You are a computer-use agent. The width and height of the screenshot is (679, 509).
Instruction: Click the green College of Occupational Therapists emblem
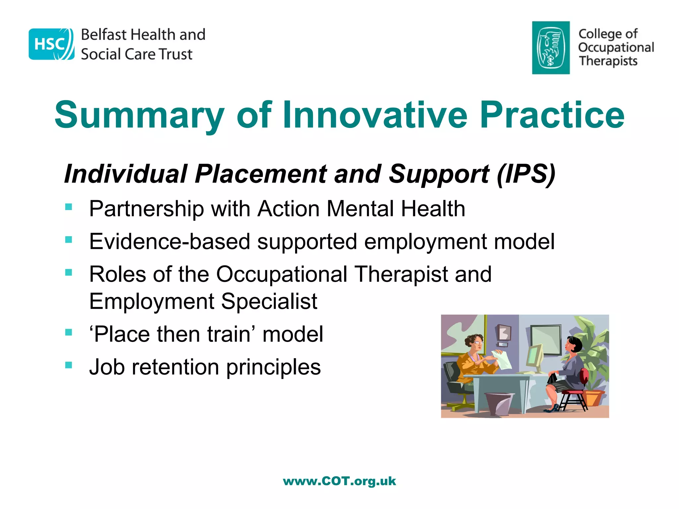(551, 48)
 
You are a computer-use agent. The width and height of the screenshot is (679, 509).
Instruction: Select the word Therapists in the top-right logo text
(608, 61)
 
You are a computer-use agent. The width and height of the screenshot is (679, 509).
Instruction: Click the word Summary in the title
(139, 115)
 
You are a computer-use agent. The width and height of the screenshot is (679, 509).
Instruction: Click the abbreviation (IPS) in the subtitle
(526, 174)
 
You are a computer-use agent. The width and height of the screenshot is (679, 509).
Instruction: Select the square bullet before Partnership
(69, 207)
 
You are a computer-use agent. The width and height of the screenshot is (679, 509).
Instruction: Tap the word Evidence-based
(169, 242)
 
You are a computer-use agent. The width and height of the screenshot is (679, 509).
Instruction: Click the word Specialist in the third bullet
(269, 301)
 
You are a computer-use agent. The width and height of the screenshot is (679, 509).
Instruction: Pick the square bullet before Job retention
(69, 365)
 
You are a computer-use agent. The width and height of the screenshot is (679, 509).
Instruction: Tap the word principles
(273, 367)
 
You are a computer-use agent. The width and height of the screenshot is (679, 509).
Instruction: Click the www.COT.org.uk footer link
(339, 481)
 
